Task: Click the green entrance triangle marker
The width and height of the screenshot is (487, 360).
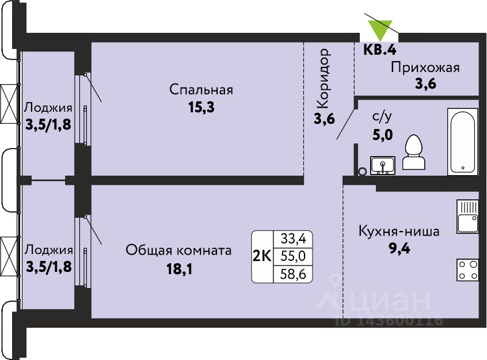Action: coord(380,29)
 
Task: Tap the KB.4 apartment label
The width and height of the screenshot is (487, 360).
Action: coord(380,50)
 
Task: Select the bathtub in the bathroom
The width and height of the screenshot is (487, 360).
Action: coord(462,142)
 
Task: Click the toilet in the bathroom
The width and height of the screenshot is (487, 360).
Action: coord(413,152)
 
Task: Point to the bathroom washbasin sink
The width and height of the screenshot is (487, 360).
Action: coord(382,165)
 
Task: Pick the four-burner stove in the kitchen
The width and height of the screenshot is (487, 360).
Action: coord(467,270)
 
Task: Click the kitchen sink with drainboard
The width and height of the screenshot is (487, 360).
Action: coord(467,217)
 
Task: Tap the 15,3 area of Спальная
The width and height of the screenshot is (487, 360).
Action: coord(201,108)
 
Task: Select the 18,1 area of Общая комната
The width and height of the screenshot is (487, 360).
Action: coord(180,269)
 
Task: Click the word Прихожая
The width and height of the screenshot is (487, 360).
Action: coord(425,68)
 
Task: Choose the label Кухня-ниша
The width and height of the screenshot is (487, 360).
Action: coord(399,232)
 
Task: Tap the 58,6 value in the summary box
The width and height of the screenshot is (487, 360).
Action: coord(293,274)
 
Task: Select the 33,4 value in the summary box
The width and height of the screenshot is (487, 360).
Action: coord(293,239)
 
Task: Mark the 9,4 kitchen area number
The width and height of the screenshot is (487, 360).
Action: coord(400,249)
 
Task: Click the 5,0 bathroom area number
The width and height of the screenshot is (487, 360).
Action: coord(383,135)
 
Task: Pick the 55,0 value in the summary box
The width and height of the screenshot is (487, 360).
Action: coord(293,256)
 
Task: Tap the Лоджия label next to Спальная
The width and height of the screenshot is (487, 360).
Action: coord(48,108)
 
